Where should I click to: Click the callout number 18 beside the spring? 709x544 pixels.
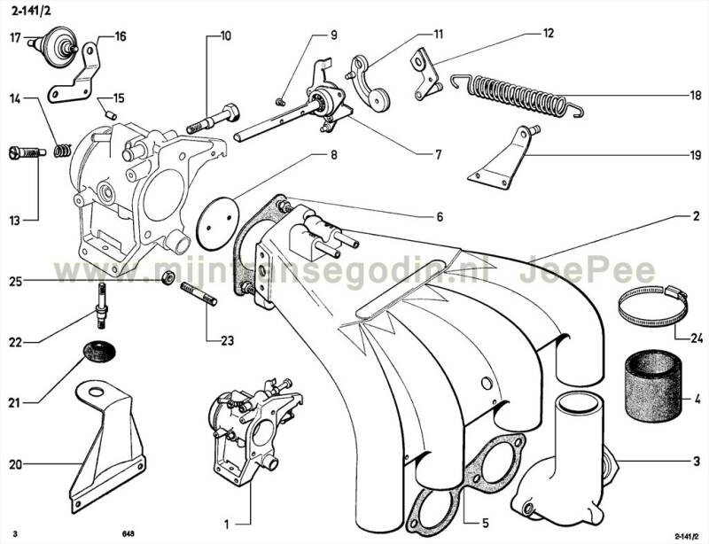pyautogui.click(x=696, y=96)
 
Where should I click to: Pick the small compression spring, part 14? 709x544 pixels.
pyautogui.click(x=63, y=150)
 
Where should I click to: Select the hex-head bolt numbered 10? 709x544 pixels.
pyautogui.click(x=214, y=119)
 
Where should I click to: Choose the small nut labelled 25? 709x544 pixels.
pyautogui.click(x=168, y=277)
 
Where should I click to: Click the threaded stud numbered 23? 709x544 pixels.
pyautogui.click(x=199, y=294)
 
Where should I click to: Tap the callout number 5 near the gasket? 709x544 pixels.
pyautogui.click(x=485, y=524)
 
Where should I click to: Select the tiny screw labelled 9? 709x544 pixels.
pyautogui.click(x=280, y=101)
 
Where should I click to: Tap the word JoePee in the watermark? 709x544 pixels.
pyautogui.click(x=587, y=271)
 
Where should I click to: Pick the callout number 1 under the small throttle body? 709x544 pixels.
pyautogui.click(x=227, y=525)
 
